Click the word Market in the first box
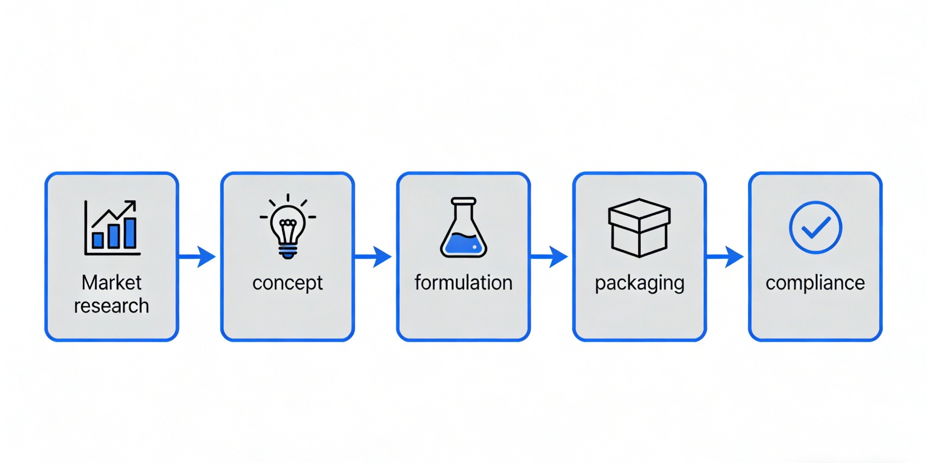pyautogui.click(x=111, y=282)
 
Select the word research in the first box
pyautogui.click(x=111, y=306)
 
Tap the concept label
pyautogui.click(x=287, y=283)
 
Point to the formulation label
pyautogui.click(x=463, y=282)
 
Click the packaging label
pyautogui.click(x=640, y=283)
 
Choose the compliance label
pyautogui.click(x=815, y=283)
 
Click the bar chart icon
pyautogui.click(x=112, y=227)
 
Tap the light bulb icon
pyautogui.click(x=288, y=226)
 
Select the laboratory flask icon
pyautogui.click(x=463, y=227)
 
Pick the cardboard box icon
pyautogui.click(x=640, y=227)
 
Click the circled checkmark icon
pyautogui.click(x=815, y=227)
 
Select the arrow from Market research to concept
pyautogui.click(x=197, y=257)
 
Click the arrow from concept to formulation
pyautogui.click(x=373, y=257)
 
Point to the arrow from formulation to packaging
pyautogui.click(x=549, y=257)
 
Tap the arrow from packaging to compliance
pyautogui.click(x=725, y=257)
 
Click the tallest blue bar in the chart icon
pyautogui.click(x=130, y=233)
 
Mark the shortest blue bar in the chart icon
pyautogui.click(x=98, y=240)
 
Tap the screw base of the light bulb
pyautogui.click(x=288, y=251)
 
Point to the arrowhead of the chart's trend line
pyautogui.click(x=132, y=204)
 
